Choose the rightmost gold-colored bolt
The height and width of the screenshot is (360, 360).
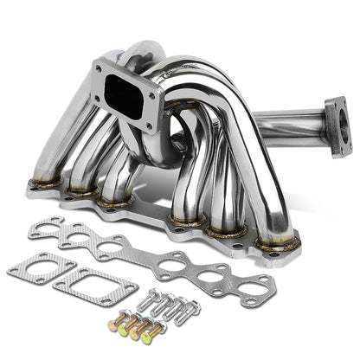click(x=155, y=331)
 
